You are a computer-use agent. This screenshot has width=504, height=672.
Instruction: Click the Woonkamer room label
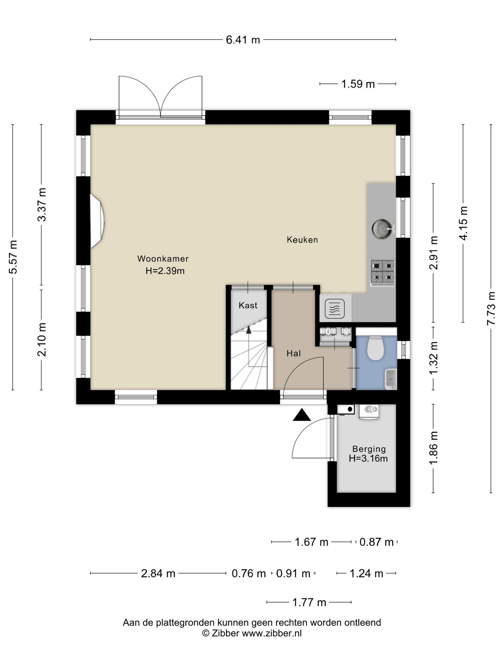tap(163, 259)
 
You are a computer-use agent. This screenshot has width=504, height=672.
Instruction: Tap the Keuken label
tap(302, 240)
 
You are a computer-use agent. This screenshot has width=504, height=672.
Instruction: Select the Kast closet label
tap(248, 306)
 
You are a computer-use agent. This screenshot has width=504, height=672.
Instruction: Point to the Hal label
tap(293, 353)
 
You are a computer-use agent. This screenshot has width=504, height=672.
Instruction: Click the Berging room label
tap(369, 449)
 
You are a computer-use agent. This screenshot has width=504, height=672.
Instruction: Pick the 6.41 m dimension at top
tap(243, 40)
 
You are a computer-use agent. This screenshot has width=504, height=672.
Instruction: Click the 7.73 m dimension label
tap(491, 308)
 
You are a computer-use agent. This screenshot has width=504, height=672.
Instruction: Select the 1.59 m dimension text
tap(358, 84)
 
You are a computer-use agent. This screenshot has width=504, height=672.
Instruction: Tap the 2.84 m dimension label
tap(158, 574)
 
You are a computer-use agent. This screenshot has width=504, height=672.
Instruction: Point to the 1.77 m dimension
tap(309, 602)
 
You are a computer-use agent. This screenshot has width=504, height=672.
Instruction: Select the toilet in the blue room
tap(376, 348)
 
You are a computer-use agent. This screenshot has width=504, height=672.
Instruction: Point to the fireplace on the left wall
tap(97, 222)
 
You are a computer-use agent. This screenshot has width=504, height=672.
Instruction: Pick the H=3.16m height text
tap(368, 458)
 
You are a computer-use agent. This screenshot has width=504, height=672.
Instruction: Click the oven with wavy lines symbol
tap(335, 309)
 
